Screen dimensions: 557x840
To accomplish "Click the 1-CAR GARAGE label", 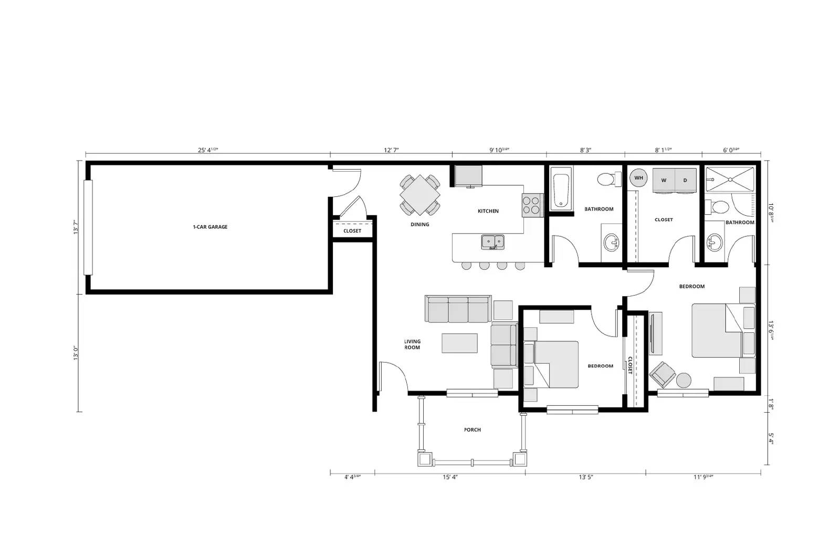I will click(x=210, y=227).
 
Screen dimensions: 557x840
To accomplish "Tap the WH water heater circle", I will click(x=638, y=178).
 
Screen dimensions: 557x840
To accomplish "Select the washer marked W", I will click(x=664, y=180).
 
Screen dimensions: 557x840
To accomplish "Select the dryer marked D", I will click(x=685, y=180).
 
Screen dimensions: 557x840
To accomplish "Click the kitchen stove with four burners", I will click(x=532, y=205).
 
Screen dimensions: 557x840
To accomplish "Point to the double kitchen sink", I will click(x=492, y=242).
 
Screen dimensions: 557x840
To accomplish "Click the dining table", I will click(x=420, y=195).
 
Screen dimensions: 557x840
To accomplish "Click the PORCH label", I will click(x=472, y=430).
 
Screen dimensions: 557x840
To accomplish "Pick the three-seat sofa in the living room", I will click(x=458, y=309).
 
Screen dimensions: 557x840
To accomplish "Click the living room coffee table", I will click(x=460, y=343).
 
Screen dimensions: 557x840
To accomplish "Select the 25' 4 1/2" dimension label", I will click(x=208, y=150).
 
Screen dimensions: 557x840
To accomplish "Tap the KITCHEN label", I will click(x=488, y=211).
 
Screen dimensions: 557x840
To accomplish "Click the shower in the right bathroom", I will click(x=730, y=180).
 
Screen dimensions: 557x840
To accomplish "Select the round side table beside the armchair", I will click(x=684, y=380).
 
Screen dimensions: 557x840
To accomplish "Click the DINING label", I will click(x=420, y=225).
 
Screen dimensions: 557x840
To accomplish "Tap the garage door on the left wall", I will click(x=88, y=227).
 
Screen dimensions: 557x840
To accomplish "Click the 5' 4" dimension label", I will click(x=771, y=438).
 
